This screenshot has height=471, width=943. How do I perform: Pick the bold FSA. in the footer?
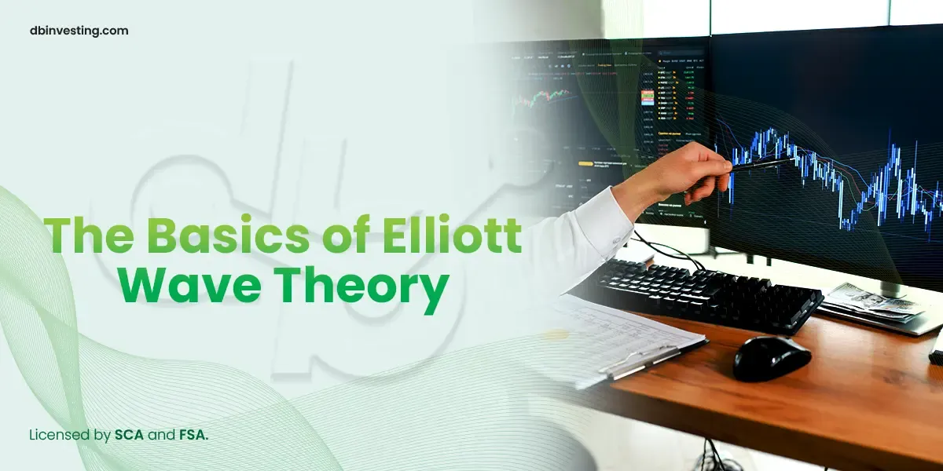click(x=193, y=434)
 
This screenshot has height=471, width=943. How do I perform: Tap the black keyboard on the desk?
click(x=707, y=294)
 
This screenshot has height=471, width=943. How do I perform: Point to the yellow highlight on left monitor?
click(x=585, y=163)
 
